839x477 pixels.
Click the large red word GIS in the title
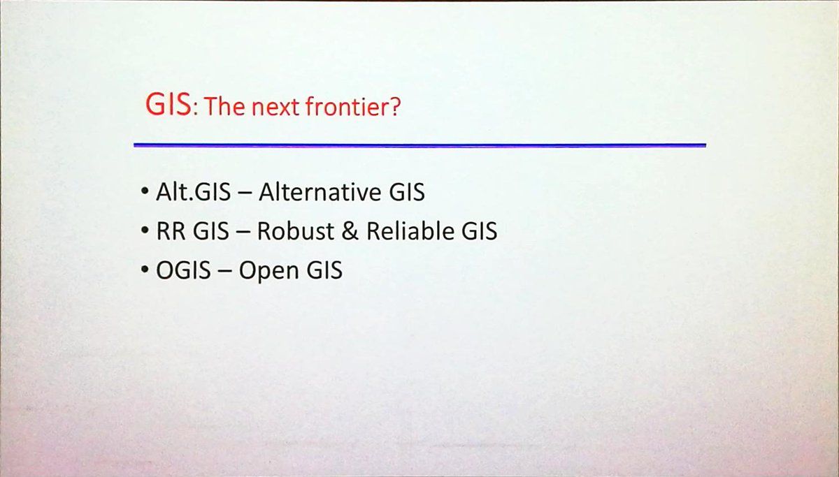pos(168,104)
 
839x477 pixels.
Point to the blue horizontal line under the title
pos(420,145)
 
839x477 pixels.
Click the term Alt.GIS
pos(193,192)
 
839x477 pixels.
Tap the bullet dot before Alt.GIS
pos(145,191)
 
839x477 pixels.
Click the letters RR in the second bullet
pos(171,231)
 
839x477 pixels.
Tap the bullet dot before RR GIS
pos(145,230)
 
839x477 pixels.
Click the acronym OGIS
pos(183,270)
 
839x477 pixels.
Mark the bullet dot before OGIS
pos(145,269)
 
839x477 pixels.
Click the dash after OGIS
pos(224,272)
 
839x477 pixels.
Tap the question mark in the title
pos(395,106)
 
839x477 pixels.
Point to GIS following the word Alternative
pos(407,192)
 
